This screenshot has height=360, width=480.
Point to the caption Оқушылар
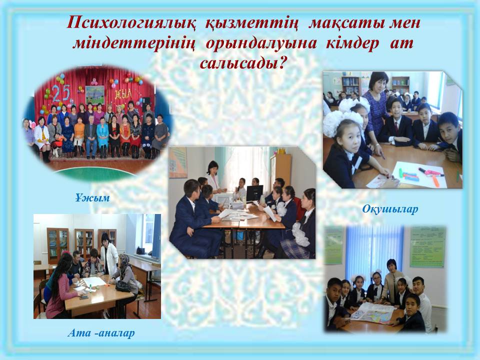click(390, 209)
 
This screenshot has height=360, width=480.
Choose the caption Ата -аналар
click(101, 333)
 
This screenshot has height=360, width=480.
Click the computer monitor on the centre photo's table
click(254, 192)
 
